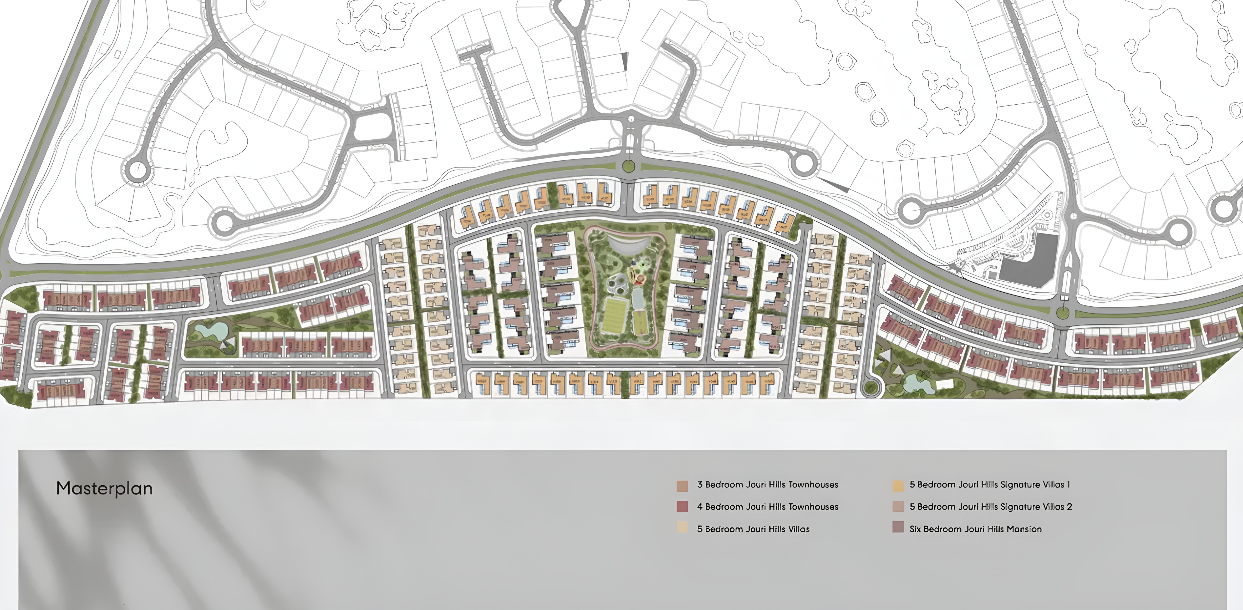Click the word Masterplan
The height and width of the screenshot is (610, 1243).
[x=104, y=488]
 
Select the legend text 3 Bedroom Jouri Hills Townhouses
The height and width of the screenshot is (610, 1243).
[x=767, y=485]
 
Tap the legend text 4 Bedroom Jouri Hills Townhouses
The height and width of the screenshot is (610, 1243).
[x=767, y=507]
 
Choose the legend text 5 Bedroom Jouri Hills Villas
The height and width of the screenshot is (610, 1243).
[x=753, y=529]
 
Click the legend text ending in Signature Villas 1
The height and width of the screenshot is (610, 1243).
[x=989, y=485]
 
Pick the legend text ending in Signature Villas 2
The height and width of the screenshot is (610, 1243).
[x=990, y=507]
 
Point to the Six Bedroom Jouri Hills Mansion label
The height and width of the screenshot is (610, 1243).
[x=975, y=529]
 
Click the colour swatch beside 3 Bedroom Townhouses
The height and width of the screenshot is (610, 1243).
[x=682, y=485]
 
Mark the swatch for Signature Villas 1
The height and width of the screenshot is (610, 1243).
[x=898, y=485]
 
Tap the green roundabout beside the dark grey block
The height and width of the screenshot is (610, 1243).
[x=1063, y=313]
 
